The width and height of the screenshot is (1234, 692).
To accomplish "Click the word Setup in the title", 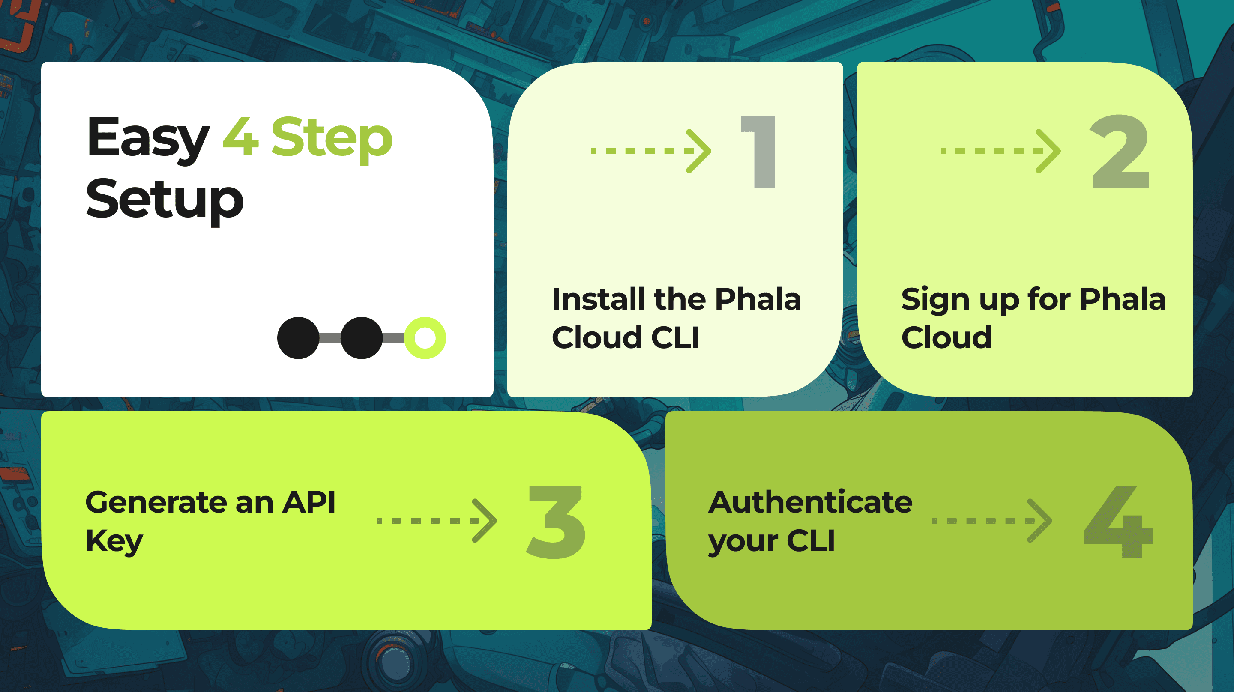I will point(165,199).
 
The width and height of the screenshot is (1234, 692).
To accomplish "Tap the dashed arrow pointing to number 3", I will point(437,521).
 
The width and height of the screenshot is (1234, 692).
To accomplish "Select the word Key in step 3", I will point(114,542).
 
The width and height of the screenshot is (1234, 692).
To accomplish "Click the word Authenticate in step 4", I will point(810,502).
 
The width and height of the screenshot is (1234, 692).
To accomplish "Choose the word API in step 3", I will point(309,502).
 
